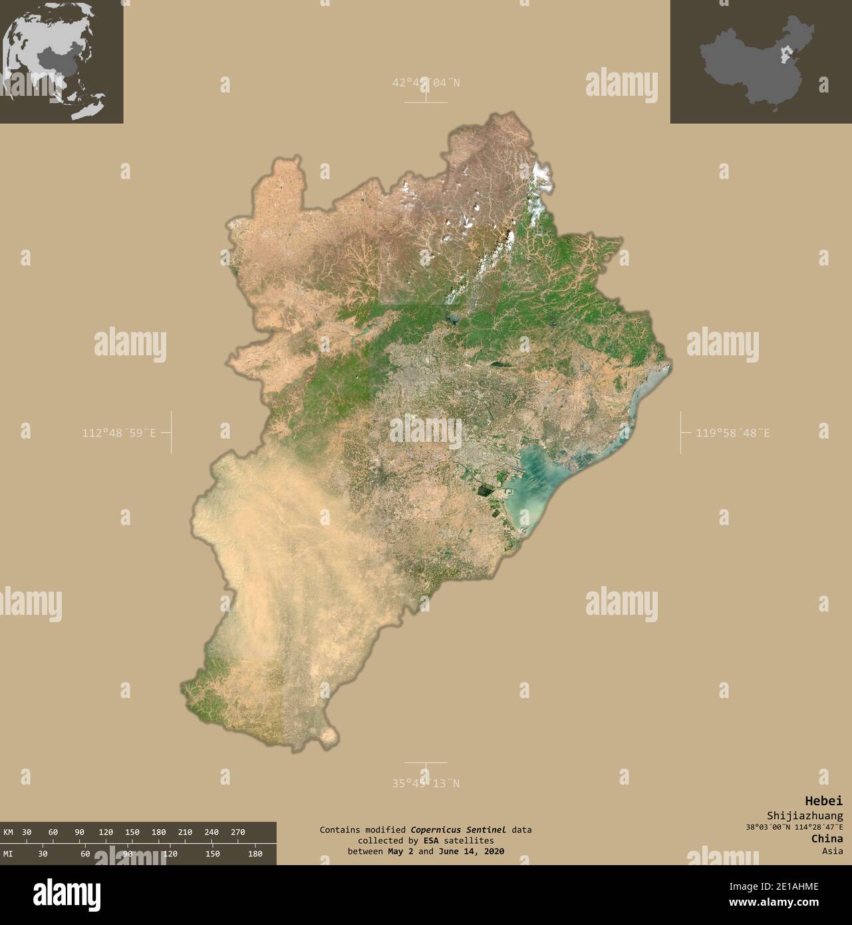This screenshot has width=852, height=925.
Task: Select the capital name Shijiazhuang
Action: point(804,815)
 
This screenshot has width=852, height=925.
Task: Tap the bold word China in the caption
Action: point(827,838)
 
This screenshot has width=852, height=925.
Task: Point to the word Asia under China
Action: point(832,850)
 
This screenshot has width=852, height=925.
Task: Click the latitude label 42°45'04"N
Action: point(426,83)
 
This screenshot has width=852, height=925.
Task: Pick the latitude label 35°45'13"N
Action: point(426,783)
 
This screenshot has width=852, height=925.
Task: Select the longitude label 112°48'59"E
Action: point(119,433)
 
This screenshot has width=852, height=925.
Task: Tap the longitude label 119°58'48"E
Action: point(733,433)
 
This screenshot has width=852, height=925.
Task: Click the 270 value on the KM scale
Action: point(238,832)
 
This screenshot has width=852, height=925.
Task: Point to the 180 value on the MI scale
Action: point(255,853)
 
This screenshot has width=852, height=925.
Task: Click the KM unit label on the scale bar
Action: point(9,832)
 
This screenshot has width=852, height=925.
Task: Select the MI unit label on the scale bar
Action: point(9,853)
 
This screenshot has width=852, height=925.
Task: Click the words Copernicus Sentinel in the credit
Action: point(458,830)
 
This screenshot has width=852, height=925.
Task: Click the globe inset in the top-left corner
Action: point(61,61)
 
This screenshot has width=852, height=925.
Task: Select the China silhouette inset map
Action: point(760,61)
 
